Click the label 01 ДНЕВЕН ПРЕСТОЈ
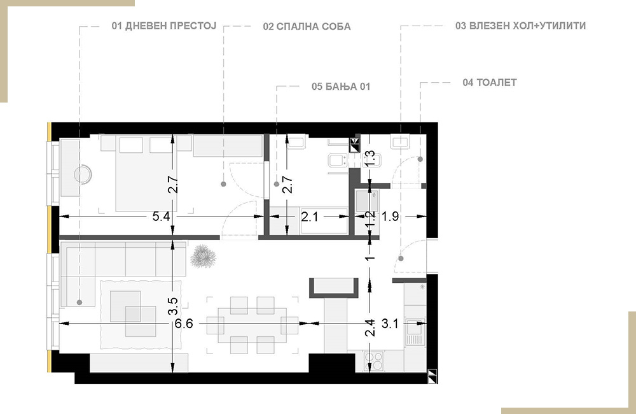[164, 26]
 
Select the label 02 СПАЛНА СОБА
[307, 27]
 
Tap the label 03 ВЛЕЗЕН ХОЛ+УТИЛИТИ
[520, 26]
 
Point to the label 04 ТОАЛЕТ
[490, 82]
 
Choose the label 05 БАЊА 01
[341, 87]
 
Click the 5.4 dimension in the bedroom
[161, 217]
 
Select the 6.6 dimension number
[184, 324]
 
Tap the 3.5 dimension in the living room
[173, 307]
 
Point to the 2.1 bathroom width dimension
[310, 217]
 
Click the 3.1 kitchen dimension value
[390, 324]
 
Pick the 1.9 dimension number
[391, 217]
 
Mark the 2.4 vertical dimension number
[370, 328]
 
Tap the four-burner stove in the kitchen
[374, 361]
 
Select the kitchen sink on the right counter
[415, 332]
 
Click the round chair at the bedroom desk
[83, 175]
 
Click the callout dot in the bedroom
[223, 184]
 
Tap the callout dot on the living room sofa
[79, 303]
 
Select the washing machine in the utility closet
[367, 201]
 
